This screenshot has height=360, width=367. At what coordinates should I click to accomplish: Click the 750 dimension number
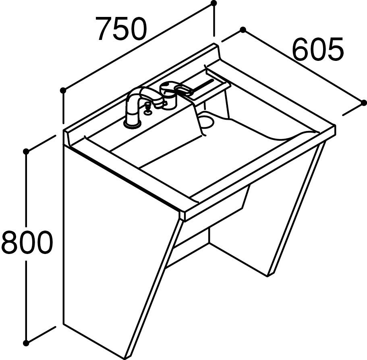(122, 29)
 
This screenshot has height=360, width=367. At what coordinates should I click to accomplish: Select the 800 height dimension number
(26, 242)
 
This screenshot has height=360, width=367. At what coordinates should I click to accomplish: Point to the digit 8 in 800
(9, 242)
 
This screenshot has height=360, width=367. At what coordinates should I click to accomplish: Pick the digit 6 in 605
(301, 49)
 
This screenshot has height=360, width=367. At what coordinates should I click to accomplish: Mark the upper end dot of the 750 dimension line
(214, 3)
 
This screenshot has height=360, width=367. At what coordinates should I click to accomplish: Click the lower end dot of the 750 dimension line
(63, 90)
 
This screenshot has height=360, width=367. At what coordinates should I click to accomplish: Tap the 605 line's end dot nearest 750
(243, 30)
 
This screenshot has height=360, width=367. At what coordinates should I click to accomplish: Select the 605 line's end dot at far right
(363, 102)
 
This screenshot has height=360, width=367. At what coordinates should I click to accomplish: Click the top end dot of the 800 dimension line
(26, 152)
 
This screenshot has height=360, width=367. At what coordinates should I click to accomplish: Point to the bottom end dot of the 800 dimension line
(26, 343)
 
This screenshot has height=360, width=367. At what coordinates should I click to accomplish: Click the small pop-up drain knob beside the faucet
(147, 109)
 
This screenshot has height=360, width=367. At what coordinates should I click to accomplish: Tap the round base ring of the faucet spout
(132, 125)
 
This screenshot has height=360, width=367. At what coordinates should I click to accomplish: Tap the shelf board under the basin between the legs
(187, 255)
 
